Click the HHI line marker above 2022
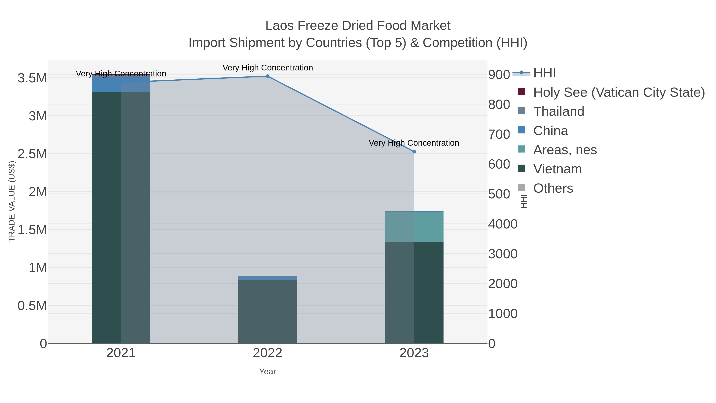(267, 76)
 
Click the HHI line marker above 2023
(414, 152)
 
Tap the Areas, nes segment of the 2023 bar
(414, 227)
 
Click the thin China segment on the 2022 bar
(267, 278)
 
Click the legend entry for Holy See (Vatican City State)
(619, 92)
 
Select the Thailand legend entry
(558, 111)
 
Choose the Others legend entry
(553, 188)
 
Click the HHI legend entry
(544, 73)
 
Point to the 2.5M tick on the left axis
(32, 154)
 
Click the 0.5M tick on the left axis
(32, 306)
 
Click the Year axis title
(267, 372)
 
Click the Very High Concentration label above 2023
(414, 143)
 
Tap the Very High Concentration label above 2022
(267, 68)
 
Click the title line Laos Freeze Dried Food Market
(358, 26)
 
